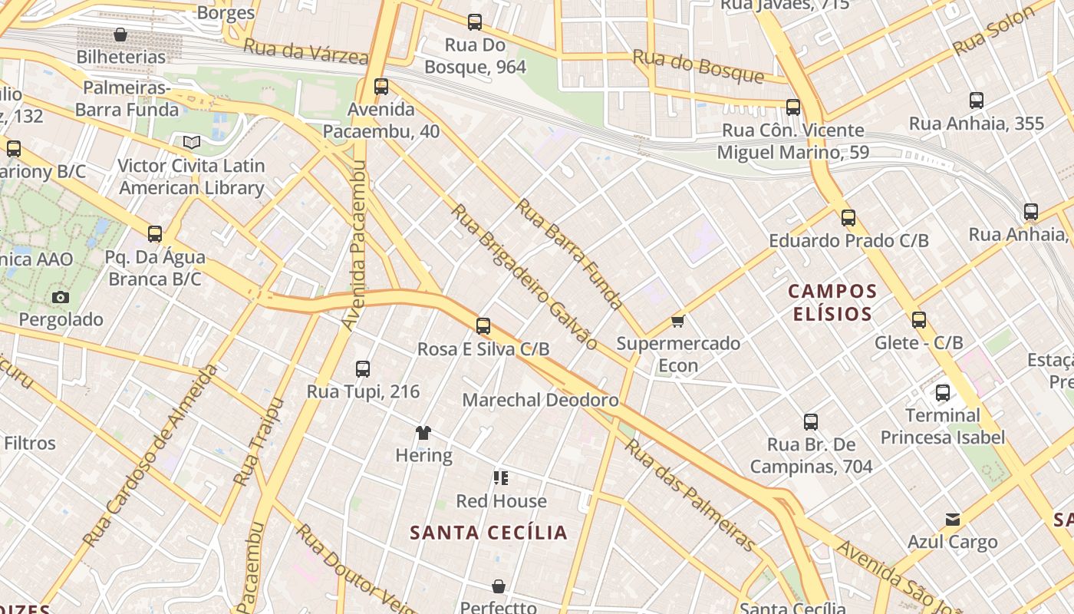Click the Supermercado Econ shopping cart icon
click(x=677, y=321)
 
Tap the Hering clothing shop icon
click(x=423, y=433)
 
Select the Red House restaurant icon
click(x=501, y=479)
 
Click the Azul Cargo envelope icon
click(x=953, y=520)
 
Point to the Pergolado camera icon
click(x=61, y=297)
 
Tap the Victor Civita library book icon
click(x=192, y=143)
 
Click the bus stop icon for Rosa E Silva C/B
click(x=483, y=326)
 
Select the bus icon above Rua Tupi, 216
click(x=363, y=369)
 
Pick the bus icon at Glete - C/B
click(x=919, y=320)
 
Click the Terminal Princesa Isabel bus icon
click(x=943, y=393)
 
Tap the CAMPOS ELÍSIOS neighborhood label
click(x=832, y=302)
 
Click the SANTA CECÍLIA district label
click(x=489, y=533)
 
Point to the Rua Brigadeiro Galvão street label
click(x=525, y=276)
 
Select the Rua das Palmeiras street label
click(x=690, y=495)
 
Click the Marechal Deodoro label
click(x=540, y=400)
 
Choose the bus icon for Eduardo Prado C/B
click(x=848, y=218)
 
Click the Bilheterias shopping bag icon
click(x=120, y=35)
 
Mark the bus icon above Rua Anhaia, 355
click(x=977, y=101)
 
